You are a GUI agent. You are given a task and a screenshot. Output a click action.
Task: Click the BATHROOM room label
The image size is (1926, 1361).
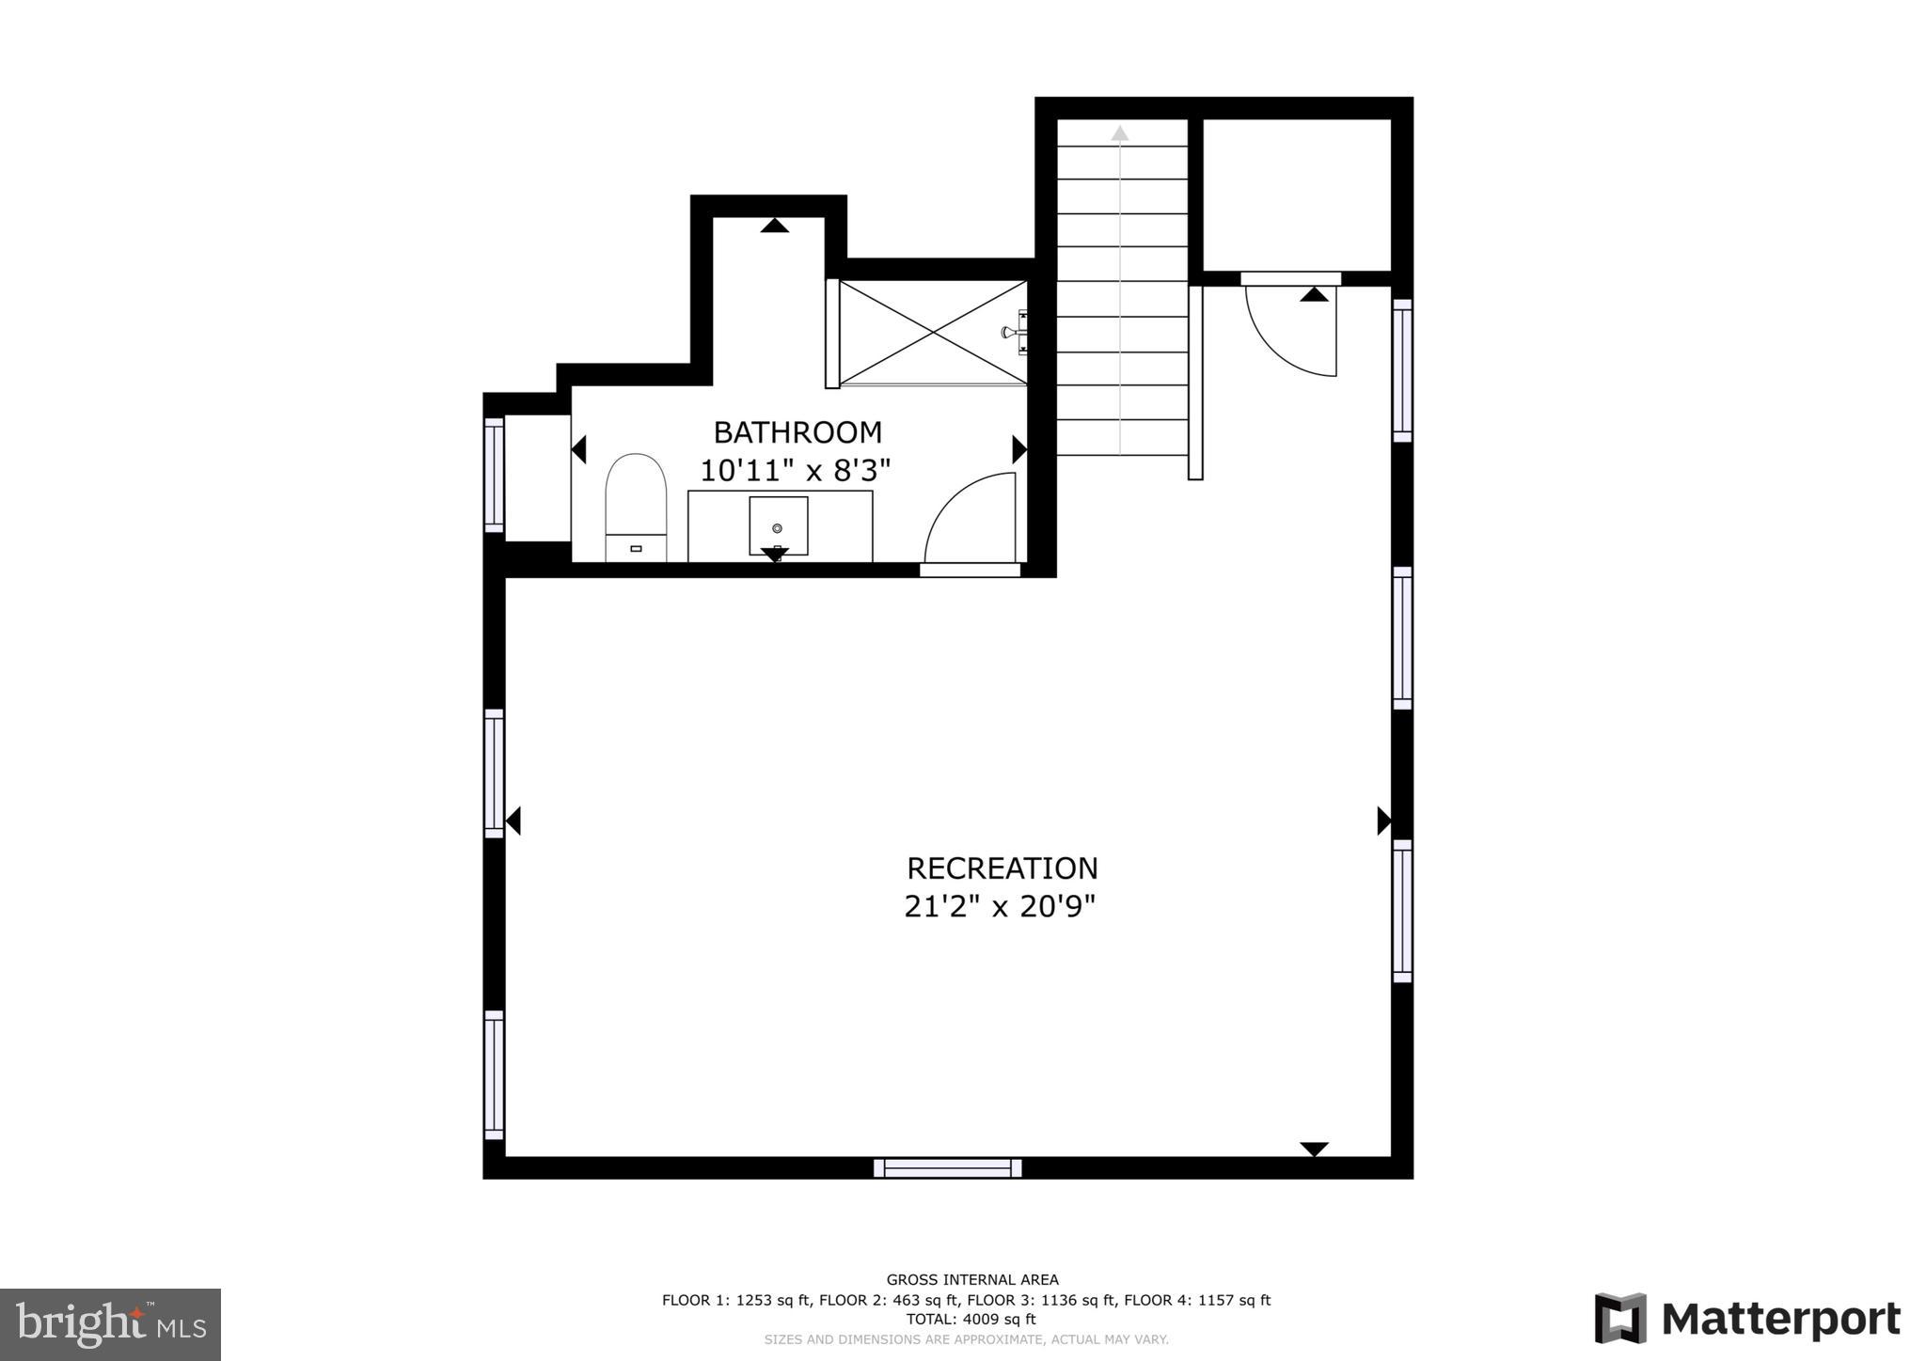[x=797, y=432]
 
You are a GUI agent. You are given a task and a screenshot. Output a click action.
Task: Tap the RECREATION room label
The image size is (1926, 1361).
[x=1002, y=868]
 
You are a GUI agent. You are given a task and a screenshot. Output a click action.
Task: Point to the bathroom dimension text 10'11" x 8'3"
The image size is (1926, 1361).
[x=795, y=470]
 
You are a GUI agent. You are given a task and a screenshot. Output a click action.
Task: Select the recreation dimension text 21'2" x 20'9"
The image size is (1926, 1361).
[x=1000, y=907]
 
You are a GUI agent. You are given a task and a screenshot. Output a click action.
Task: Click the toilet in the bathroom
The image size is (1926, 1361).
[x=636, y=508]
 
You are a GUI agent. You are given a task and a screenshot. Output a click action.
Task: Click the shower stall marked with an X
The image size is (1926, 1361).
[x=932, y=333]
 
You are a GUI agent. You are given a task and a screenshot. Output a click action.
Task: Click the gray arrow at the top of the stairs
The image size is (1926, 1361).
[x=1119, y=133]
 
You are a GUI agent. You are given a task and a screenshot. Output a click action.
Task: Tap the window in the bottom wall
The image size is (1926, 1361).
[x=947, y=1168]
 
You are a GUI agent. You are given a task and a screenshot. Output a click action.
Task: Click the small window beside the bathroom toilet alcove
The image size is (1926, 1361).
[x=494, y=475]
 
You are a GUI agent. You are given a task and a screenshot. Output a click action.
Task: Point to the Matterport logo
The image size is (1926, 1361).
[x=1747, y=1319]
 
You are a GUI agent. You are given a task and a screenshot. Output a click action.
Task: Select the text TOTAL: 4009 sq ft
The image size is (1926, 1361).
[x=971, y=1320]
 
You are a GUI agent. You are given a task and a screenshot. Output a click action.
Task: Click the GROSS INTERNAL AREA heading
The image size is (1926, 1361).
[x=972, y=1279]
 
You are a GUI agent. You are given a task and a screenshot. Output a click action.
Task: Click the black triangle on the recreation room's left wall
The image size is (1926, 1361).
[x=513, y=821]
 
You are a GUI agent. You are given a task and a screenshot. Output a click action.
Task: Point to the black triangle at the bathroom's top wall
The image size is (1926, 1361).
[x=774, y=226]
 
